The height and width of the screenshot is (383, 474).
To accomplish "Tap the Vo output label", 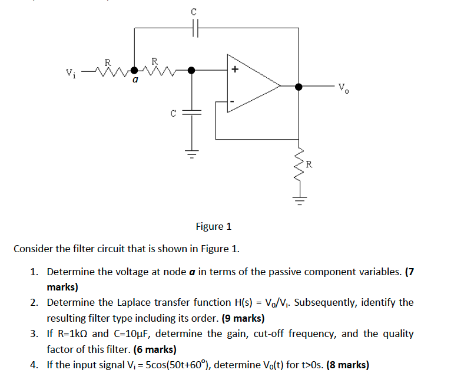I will (344, 89).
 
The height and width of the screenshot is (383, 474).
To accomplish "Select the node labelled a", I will (135, 70).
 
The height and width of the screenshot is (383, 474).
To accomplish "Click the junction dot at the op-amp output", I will (299, 87).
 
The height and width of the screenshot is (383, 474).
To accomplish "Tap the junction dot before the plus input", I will (192, 70).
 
